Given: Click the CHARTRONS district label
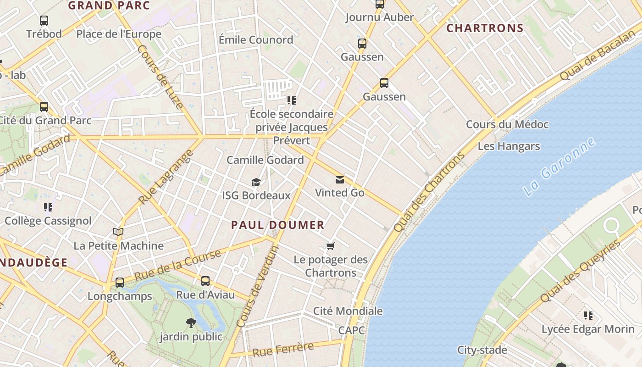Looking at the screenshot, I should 485,28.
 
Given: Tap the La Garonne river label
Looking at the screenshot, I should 560,167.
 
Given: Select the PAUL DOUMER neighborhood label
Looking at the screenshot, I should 278,225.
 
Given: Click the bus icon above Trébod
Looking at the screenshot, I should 44,21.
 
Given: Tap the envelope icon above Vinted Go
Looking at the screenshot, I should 339,179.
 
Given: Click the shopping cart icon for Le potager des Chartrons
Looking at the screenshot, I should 330,246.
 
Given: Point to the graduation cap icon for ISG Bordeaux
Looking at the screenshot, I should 256,183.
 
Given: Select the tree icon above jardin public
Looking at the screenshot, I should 191,323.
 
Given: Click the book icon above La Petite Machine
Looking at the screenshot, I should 118,232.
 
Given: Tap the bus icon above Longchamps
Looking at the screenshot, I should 120,283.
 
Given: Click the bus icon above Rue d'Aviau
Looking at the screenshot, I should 205,281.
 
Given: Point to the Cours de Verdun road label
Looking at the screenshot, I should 258,287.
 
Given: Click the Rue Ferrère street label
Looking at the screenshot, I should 283,350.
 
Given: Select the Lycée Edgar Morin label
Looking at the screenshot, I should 588,329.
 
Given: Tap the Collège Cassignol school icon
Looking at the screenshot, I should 48,207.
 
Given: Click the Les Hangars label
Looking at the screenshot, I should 509,146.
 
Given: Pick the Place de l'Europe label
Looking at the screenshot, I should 119,34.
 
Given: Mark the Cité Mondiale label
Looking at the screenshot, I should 348,311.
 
